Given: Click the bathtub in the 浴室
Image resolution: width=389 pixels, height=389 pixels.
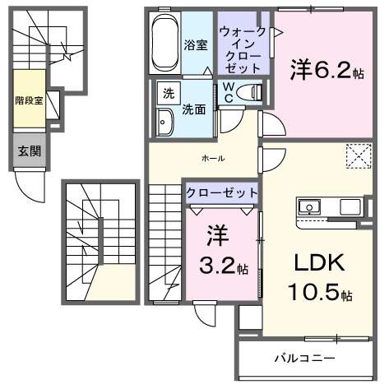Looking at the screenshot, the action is (x=164, y=43).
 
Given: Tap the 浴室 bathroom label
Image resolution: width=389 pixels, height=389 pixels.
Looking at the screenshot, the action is (x=196, y=45).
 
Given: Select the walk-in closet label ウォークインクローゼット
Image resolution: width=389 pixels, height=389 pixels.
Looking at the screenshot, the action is (x=243, y=49).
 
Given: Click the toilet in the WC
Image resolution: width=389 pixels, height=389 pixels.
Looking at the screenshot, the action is (x=249, y=92).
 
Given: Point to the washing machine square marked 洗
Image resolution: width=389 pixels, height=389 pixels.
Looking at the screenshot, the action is (x=169, y=93).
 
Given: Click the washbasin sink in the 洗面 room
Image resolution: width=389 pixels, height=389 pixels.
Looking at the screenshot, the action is (x=164, y=123).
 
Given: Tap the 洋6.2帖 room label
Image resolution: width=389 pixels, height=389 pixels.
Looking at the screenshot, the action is (x=327, y=70).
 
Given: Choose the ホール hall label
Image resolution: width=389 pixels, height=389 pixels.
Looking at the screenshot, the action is (x=213, y=158).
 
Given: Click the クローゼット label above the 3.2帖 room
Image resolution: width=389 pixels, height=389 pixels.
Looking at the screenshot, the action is (x=222, y=193).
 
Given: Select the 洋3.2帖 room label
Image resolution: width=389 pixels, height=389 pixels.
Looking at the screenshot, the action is (x=224, y=249).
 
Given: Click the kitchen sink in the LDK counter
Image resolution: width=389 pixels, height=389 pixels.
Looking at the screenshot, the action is (x=309, y=207).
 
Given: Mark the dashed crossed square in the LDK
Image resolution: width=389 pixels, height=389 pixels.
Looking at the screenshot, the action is (x=359, y=156).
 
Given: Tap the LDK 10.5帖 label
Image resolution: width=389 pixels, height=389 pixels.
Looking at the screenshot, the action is (x=320, y=277).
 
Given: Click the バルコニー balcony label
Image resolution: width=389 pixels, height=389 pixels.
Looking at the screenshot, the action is (x=304, y=359).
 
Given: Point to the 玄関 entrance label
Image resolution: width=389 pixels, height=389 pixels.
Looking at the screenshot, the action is (x=30, y=151).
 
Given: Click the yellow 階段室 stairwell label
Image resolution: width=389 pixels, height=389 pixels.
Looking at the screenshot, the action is (x=29, y=100).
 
